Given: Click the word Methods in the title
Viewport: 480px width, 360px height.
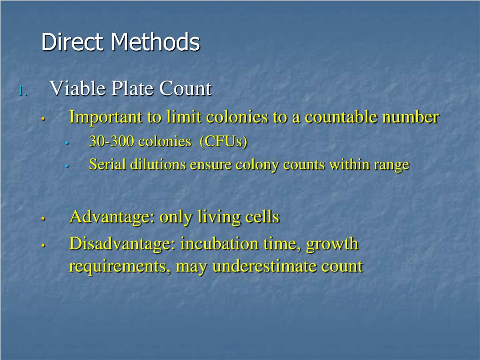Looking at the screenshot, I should (x=156, y=42).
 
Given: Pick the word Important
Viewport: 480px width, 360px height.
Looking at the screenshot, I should (x=106, y=117).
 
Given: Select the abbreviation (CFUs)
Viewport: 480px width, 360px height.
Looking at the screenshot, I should (x=224, y=142).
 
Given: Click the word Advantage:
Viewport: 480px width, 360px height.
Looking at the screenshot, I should (x=112, y=217).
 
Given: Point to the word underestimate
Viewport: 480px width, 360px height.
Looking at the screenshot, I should (x=265, y=266).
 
